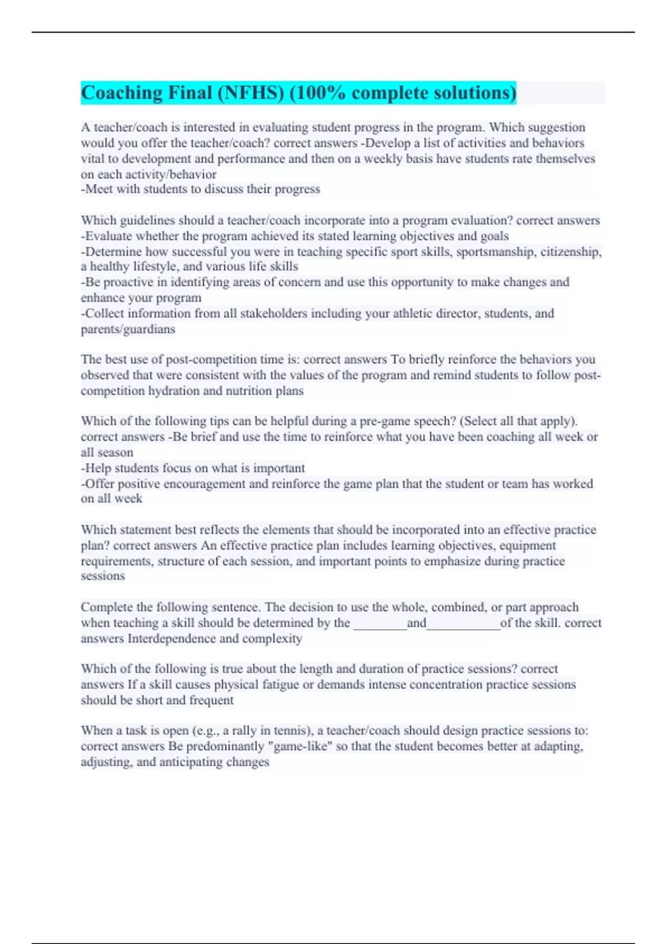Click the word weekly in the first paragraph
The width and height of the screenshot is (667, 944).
point(385,159)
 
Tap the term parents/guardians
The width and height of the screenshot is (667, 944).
point(128,329)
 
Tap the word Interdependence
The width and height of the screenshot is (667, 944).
point(172,639)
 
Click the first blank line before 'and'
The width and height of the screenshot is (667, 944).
point(380,624)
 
